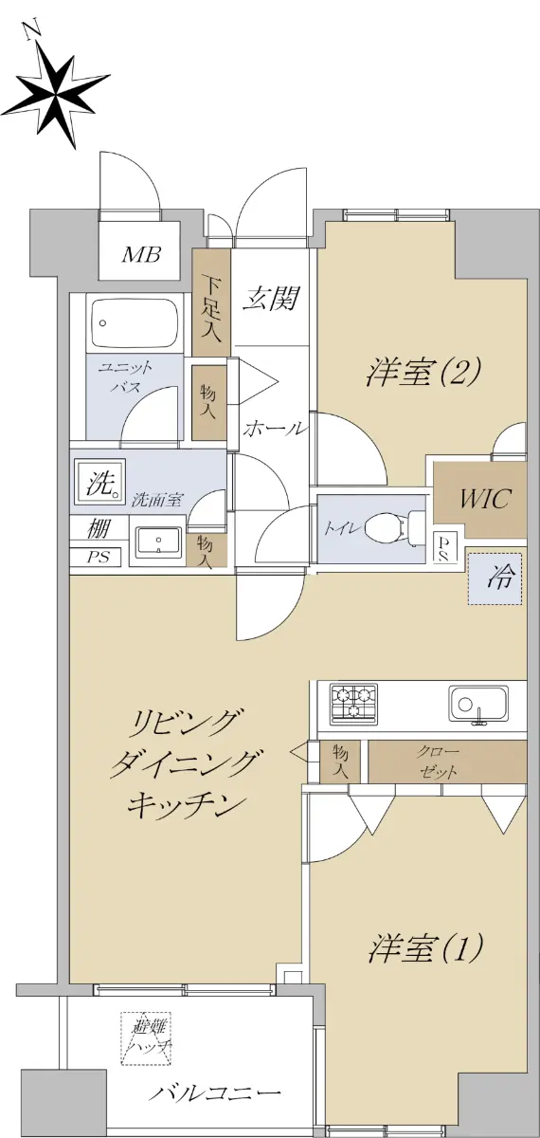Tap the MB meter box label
(x=140, y=253)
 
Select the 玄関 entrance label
(x=269, y=298)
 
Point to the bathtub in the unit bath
(x=136, y=322)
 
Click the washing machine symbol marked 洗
(x=99, y=482)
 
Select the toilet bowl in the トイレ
(x=388, y=528)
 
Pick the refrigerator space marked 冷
(x=495, y=578)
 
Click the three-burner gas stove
(x=353, y=704)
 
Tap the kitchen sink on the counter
(x=478, y=704)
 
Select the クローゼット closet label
(x=438, y=762)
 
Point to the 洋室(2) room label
(x=423, y=372)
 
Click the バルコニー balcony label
(x=215, y=1092)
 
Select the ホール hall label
(x=275, y=429)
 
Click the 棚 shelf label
(x=98, y=529)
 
